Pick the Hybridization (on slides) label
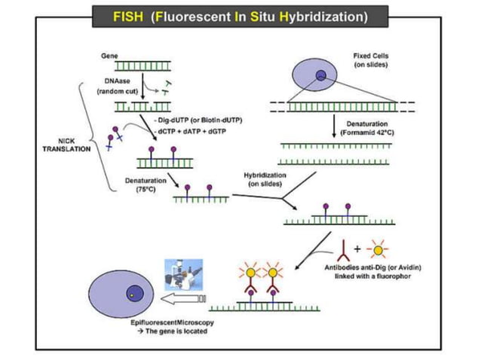[265, 178]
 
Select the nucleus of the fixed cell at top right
[321, 75]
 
